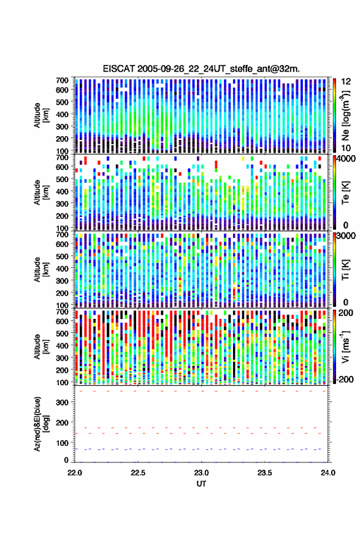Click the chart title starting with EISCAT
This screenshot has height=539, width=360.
201,69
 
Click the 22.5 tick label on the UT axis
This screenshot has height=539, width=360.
138,473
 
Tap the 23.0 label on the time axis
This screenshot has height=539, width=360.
201,473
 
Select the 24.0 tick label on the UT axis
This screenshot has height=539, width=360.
327,473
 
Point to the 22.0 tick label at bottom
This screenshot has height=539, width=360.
75,473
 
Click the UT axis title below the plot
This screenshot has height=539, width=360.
201,484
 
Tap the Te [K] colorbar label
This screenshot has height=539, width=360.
345,193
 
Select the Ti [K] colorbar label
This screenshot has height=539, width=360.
345,269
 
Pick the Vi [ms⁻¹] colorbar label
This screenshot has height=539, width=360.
345,346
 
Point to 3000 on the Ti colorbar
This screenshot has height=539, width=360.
347,236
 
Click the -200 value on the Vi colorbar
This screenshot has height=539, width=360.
345,379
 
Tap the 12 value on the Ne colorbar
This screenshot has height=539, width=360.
346,82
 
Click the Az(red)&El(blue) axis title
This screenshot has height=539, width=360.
41,424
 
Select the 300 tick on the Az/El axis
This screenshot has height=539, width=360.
62,402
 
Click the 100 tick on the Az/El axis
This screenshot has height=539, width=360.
62,443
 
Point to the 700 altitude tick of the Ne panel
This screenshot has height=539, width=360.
62,80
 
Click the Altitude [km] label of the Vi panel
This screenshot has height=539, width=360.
41,346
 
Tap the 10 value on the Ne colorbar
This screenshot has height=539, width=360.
346,148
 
